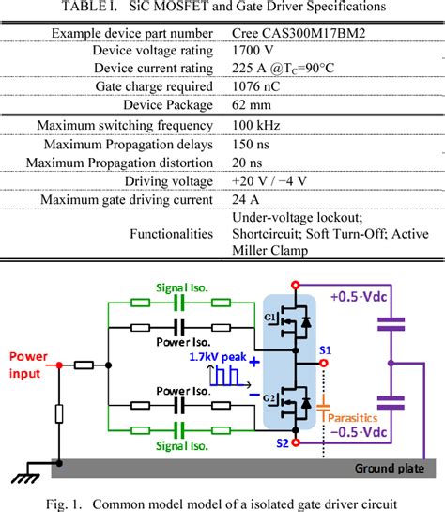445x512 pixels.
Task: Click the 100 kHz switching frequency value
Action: pos(258,126)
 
